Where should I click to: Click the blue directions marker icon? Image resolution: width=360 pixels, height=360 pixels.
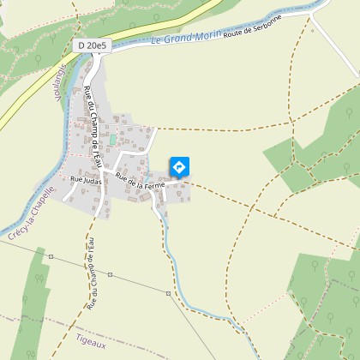pyautogui.click(x=180, y=166)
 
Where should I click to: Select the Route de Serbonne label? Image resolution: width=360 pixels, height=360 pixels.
pyautogui.click(x=252, y=29)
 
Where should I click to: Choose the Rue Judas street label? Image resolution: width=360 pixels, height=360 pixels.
pyautogui.click(x=86, y=180)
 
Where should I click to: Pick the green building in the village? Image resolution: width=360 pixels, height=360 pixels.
pyautogui.click(x=112, y=138)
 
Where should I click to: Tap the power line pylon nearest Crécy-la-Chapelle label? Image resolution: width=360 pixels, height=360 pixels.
pyautogui.click(x=51, y=255)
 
